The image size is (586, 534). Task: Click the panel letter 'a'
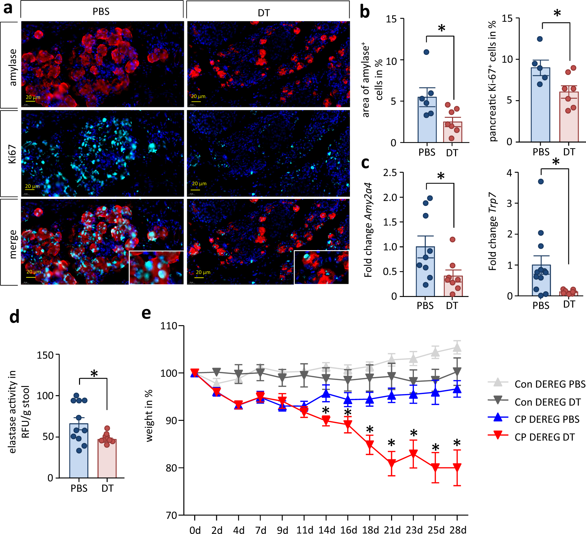[8, 8]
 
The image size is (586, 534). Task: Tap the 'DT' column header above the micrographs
[264, 13]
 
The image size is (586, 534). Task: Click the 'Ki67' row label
[12, 154]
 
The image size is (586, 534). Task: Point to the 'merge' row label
[12, 244]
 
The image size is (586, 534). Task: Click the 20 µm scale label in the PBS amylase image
[33, 97]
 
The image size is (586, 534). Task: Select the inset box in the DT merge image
[321, 267]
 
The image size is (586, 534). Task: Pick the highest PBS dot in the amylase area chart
[426, 52]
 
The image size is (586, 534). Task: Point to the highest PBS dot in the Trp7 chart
[541, 181]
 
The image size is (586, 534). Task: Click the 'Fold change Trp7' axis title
[492, 231]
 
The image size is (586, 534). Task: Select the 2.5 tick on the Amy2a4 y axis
[390, 173]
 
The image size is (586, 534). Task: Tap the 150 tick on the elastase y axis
[45, 355]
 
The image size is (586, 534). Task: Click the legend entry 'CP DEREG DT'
[544, 437]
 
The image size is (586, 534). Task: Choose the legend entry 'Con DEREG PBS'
[550, 384]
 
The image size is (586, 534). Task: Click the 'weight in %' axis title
[149, 415]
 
